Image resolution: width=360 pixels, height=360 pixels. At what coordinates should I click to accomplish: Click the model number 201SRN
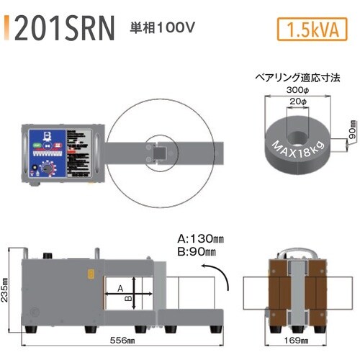pyautogui.click(x=64, y=29)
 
